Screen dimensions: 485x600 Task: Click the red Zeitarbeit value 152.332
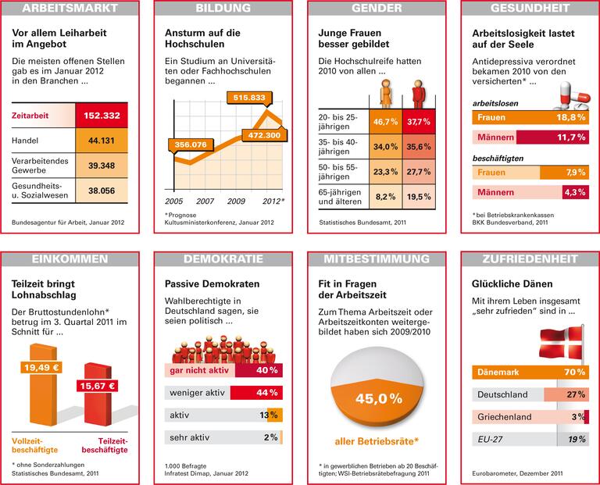pos(103,116)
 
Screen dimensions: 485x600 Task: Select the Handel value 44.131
pos(103,141)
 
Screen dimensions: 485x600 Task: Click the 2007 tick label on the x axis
pos(204,201)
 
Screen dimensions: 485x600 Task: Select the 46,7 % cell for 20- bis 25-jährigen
pos(386,122)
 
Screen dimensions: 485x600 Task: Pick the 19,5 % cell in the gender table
pos(419,197)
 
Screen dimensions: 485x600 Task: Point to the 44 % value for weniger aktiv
pos(267,392)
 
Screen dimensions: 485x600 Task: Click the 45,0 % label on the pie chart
pos(378,398)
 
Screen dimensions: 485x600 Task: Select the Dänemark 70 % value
pos(576,373)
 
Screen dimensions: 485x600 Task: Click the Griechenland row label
pos(505,417)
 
